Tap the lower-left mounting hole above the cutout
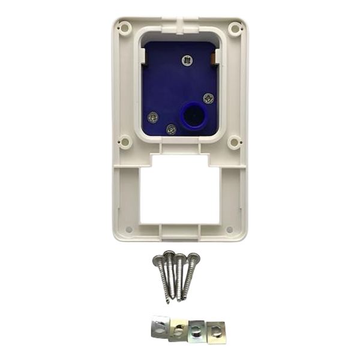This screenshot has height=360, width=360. click(125, 143)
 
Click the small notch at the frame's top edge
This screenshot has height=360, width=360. click(180, 18)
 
